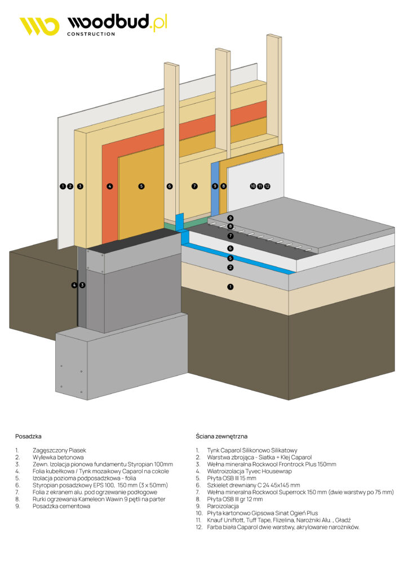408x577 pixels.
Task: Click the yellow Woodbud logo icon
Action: [x=39, y=26]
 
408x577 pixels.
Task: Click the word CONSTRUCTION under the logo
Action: [x=91, y=34]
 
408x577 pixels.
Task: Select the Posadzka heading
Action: [x=28, y=436]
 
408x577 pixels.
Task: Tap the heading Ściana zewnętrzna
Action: [x=221, y=436]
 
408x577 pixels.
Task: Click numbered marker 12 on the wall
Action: [x=267, y=186]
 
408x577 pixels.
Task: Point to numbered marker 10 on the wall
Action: [x=253, y=186]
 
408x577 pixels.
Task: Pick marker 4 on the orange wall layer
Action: [x=110, y=186]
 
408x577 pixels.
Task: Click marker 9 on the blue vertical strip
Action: [x=215, y=186]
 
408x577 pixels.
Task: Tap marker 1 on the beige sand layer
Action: [x=230, y=287]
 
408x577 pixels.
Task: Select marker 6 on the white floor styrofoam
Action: [x=230, y=248]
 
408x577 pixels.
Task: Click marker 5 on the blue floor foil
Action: [x=230, y=258]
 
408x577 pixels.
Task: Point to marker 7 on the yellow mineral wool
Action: [x=194, y=186]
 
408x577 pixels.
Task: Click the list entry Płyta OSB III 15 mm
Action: [x=232, y=478]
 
